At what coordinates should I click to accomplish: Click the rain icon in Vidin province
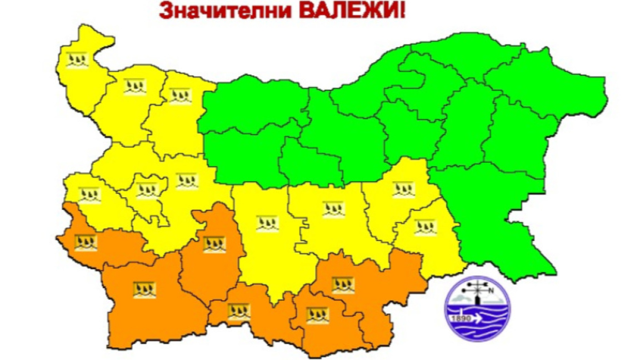point(77,59)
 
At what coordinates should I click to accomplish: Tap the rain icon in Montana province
point(135,86)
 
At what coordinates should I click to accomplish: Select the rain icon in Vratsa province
point(180,96)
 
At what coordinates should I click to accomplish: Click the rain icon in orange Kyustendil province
point(86,242)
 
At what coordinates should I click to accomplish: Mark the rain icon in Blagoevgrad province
point(144,289)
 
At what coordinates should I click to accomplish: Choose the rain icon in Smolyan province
point(239,311)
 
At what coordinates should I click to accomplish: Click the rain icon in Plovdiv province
point(267,223)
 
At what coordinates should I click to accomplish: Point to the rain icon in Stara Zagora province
point(334,209)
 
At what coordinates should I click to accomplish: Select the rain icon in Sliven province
point(404,189)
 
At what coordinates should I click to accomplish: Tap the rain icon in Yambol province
point(426,226)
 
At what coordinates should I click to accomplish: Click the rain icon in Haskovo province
point(343,285)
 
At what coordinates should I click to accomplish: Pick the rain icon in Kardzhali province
point(317,316)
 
